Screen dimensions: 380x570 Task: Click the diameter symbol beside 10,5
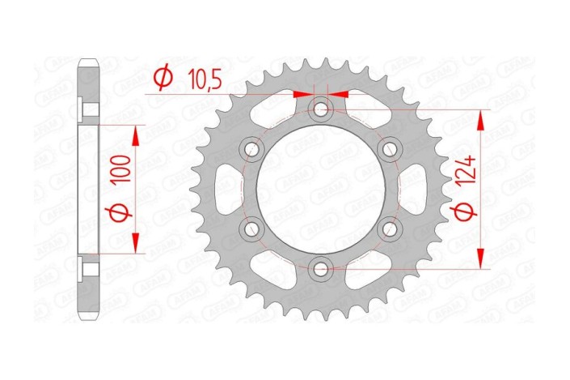click(162, 79)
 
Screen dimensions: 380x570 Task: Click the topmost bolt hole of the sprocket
click(322, 108)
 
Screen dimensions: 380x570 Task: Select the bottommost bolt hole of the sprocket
click(322, 268)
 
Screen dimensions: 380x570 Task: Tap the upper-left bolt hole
click(252, 148)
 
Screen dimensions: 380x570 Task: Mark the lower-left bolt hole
click(252, 228)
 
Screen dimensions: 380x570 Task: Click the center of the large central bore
click(322, 188)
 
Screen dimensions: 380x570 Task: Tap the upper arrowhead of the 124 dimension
click(482, 118)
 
